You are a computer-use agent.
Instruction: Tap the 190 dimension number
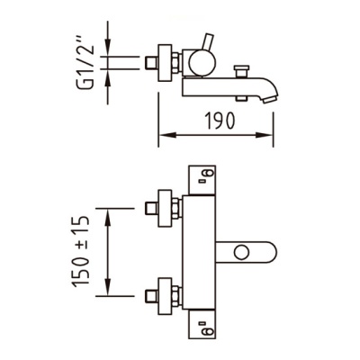220,121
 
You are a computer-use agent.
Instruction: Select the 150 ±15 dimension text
81,251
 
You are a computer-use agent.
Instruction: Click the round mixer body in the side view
202,62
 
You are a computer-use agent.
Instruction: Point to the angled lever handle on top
208,41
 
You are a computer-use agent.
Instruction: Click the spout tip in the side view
270,98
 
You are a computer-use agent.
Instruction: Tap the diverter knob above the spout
241,71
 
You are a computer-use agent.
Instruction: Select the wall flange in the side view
165,63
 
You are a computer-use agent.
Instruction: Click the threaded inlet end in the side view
151,63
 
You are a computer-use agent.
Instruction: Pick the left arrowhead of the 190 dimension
166,135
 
